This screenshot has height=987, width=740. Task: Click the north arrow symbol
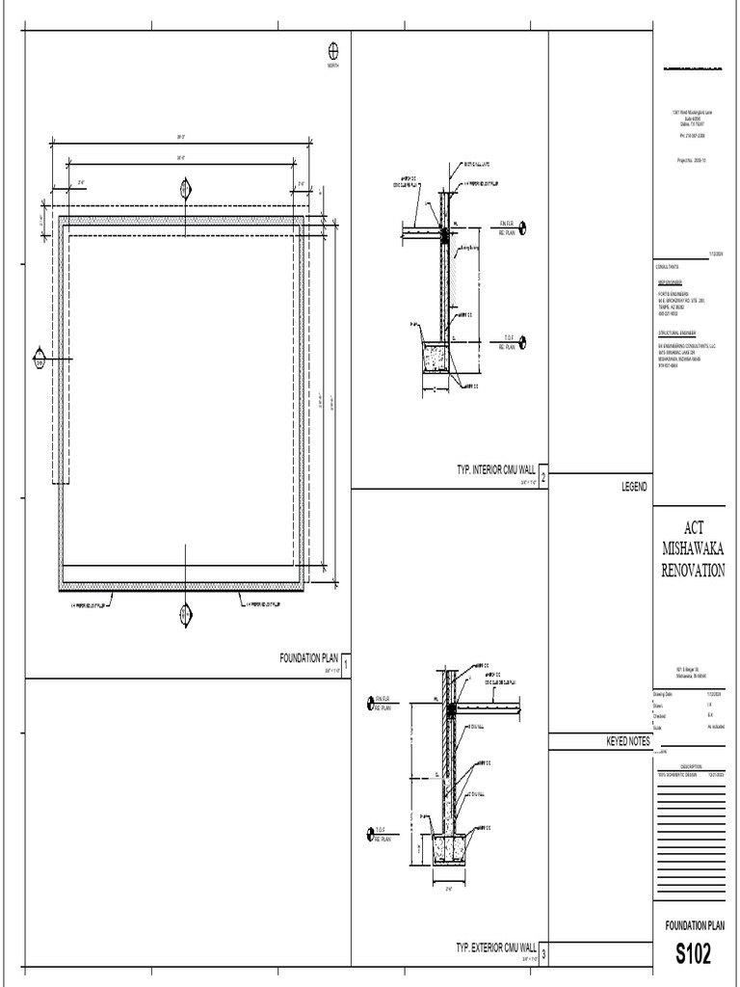pos(334,50)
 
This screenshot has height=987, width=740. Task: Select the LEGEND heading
pos(633,489)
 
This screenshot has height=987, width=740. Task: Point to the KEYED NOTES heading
pos(626,740)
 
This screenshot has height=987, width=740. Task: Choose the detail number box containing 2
pos(542,478)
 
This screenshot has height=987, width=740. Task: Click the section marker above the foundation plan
pos(184,189)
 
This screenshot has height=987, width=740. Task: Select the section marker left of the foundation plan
pos(39,358)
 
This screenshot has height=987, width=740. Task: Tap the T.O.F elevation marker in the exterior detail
pos(369,835)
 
